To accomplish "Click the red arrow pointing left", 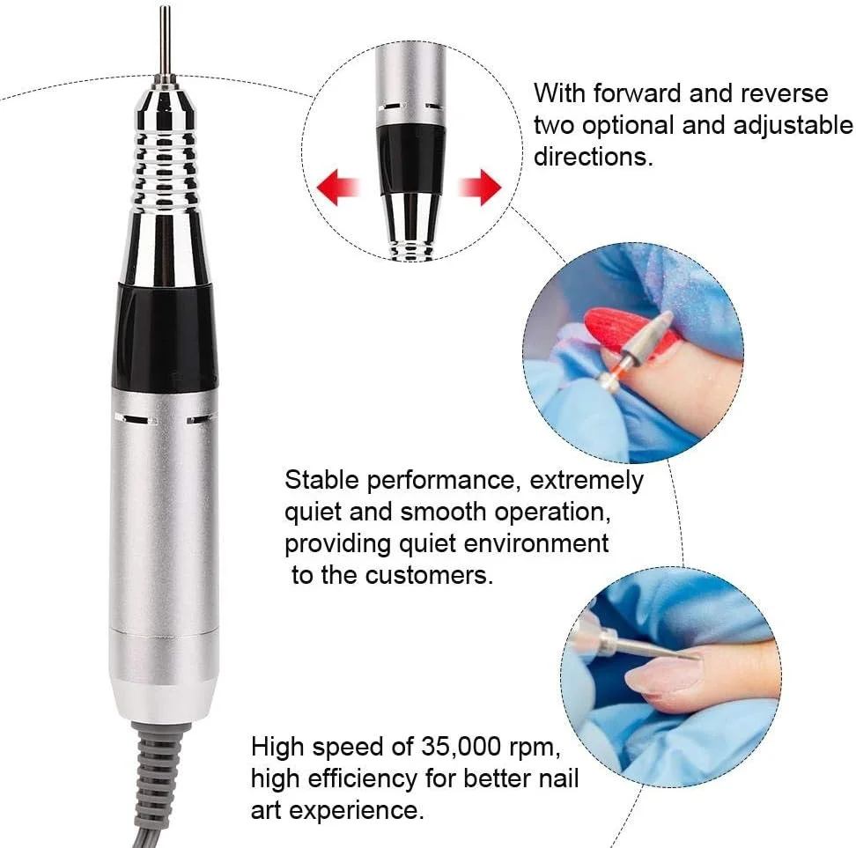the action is click(337, 188).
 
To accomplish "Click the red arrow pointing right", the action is click(479, 188).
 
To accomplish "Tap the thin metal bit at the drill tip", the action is click(165, 41).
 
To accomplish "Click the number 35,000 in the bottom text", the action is click(461, 747).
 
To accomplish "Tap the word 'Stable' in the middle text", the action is click(321, 480).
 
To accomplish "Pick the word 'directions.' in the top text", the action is click(594, 157).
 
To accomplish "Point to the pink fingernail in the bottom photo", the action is click(660, 675).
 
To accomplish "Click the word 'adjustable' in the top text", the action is click(793, 126).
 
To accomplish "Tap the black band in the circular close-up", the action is click(411, 159).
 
